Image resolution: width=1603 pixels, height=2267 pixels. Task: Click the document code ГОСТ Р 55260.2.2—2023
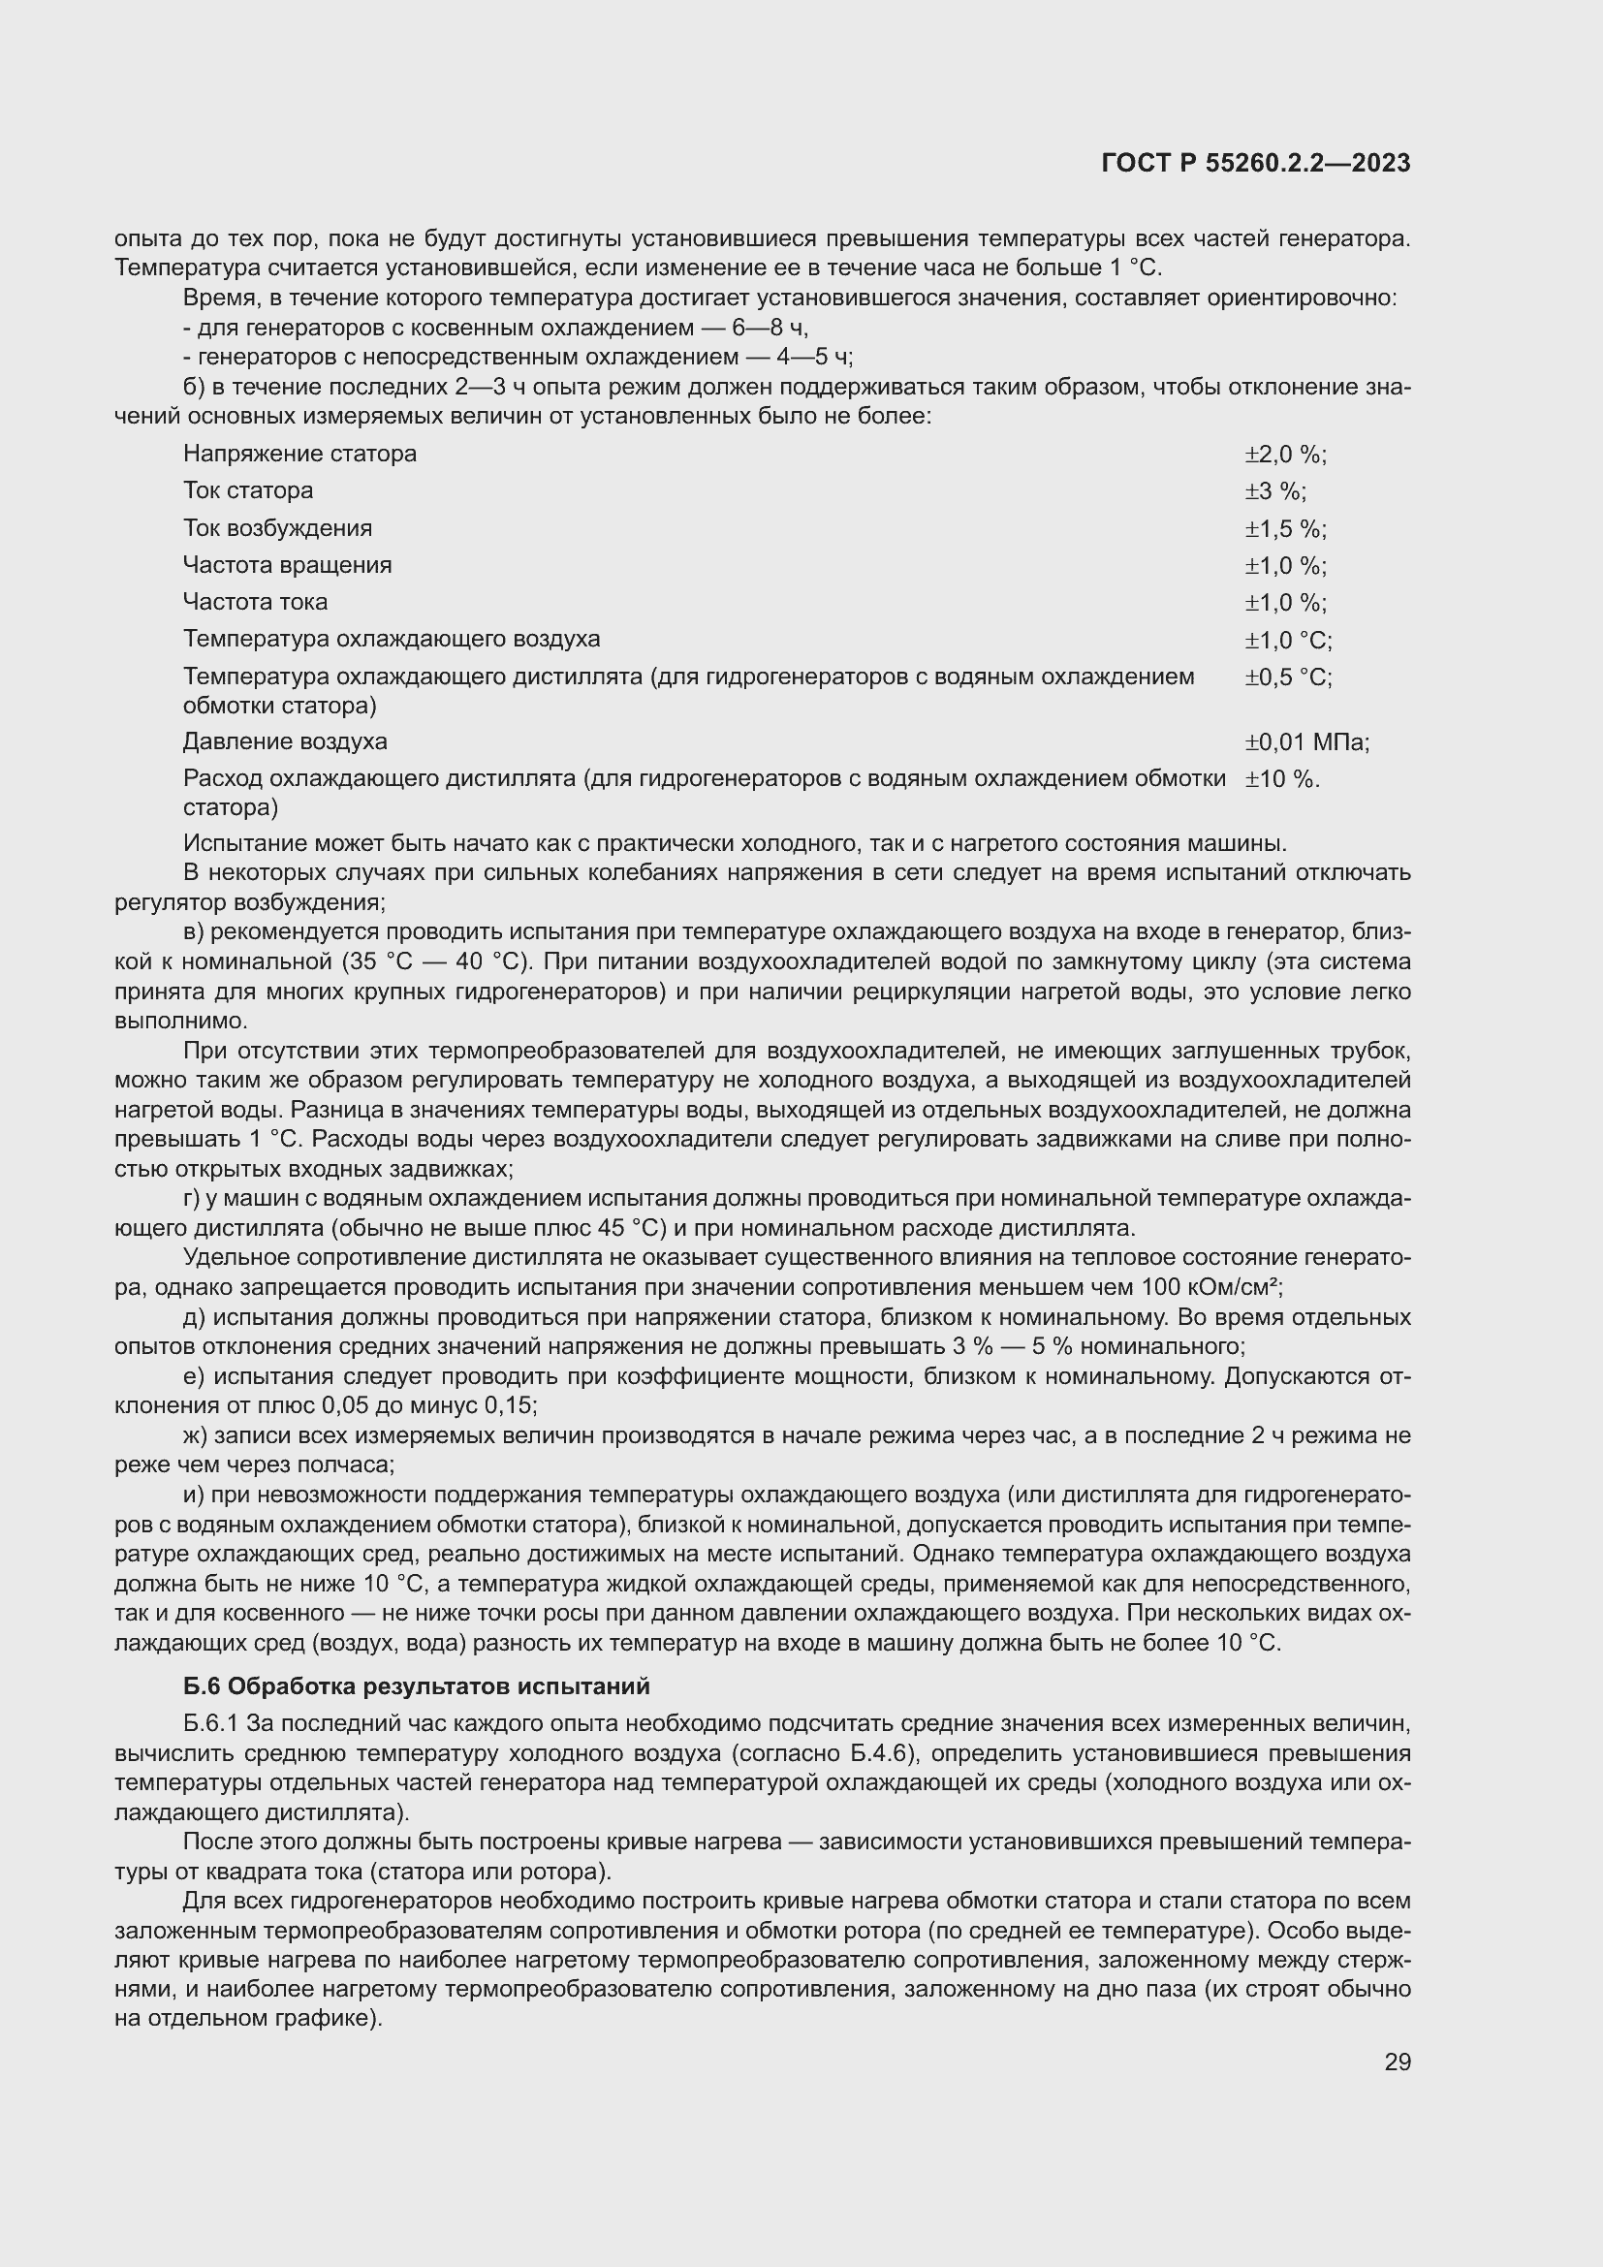click(1255, 164)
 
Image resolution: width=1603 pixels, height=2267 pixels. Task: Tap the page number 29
click(1397, 2062)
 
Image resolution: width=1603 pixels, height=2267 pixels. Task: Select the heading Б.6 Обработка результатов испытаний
click(417, 1686)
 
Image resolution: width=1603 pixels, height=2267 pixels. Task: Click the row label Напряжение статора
click(300, 455)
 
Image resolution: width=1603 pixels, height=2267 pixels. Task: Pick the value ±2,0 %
click(1284, 456)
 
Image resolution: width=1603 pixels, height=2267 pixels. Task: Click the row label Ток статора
click(248, 490)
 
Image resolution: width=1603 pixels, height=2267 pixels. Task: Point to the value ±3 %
click(1274, 491)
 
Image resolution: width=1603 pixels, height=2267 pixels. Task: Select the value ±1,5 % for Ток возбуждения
click(1284, 529)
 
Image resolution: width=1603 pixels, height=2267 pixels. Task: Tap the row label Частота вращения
click(287, 566)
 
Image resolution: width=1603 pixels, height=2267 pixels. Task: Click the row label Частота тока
click(255, 602)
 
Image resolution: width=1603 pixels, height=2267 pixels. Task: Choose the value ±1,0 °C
click(1287, 641)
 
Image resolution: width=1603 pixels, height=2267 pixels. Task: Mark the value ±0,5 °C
click(1287, 677)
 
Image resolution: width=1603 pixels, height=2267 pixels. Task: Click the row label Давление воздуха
click(285, 741)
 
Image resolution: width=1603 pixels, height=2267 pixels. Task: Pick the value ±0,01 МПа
click(1305, 742)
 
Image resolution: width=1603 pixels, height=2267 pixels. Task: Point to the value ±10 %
click(1281, 779)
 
